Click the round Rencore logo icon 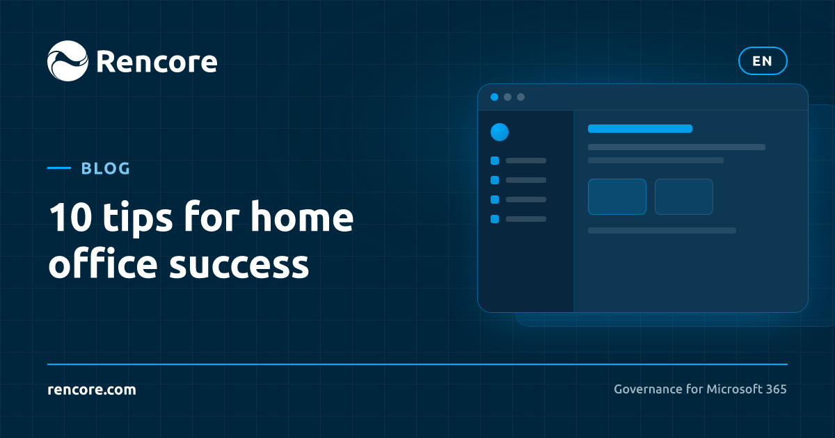click(x=68, y=60)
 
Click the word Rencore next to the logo click(x=157, y=61)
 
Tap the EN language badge click(x=763, y=60)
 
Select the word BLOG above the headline click(x=106, y=168)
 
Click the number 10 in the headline click(x=70, y=217)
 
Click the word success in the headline click(x=239, y=265)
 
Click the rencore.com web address click(x=92, y=389)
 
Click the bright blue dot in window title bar click(x=494, y=97)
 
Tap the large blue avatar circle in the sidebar click(x=500, y=132)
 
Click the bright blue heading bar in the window click(x=640, y=129)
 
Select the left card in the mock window click(x=617, y=197)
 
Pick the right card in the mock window click(x=684, y=197)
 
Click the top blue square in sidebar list click(x=495, y=161)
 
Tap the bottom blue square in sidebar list click(x=495, y=219)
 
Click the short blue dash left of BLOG click(x=59, y=168)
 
